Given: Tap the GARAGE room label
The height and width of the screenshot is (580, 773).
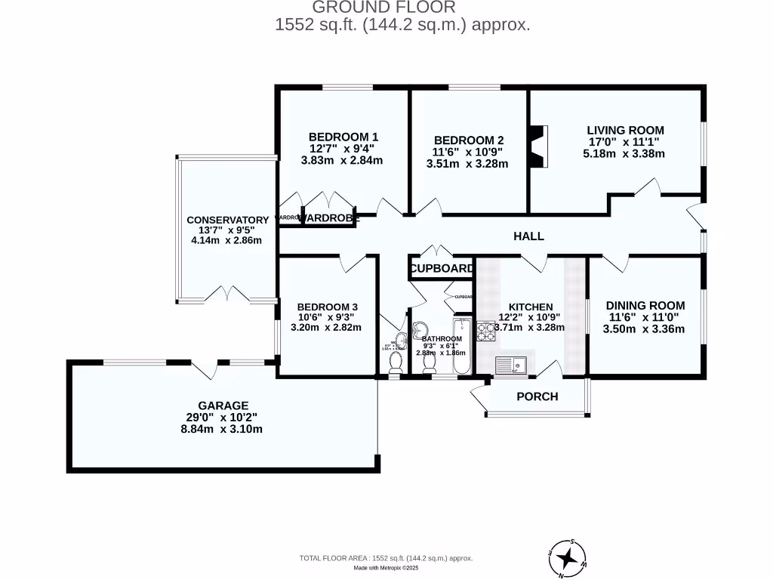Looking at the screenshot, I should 223,406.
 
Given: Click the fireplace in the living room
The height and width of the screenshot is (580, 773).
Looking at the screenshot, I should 537,147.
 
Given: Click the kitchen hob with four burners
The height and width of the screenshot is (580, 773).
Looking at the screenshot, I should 485,333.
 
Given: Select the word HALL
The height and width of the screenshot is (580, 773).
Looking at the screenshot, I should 528,236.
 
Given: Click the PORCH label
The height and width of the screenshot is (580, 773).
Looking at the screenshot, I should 537,396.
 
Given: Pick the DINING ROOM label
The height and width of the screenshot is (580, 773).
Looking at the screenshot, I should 645,305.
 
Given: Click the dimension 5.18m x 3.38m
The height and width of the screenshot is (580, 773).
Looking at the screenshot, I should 624,153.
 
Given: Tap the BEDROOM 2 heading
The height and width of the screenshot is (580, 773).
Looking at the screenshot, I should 469,140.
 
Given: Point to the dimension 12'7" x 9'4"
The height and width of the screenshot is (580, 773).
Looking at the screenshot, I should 342,149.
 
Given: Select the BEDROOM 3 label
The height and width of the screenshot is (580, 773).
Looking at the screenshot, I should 327,306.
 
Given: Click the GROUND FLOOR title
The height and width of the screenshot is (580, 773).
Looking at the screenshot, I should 383,8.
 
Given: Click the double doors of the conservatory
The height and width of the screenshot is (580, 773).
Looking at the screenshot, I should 227,293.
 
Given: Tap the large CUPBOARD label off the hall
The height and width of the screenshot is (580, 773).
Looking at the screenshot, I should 442,269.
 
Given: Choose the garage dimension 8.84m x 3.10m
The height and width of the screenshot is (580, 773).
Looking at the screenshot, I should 223,429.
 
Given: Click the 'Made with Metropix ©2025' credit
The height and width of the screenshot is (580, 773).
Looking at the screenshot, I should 386,568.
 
